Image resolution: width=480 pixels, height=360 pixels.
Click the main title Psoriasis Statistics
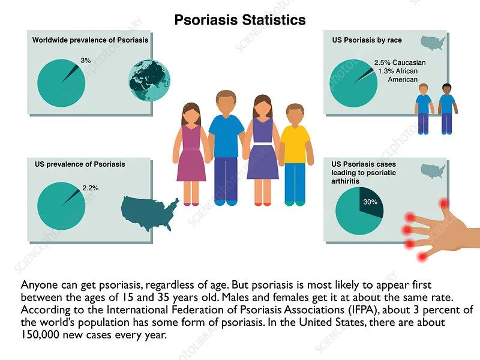tap(240, 20)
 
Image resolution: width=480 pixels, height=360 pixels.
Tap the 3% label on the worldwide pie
tap(86, 61)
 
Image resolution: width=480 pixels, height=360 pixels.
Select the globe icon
tap(149, 80)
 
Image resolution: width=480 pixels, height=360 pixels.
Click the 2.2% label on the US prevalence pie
tap(91, 188)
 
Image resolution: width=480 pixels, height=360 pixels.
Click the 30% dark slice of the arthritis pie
tap(371, 202)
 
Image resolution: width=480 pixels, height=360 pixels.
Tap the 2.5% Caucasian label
tap(400, 63)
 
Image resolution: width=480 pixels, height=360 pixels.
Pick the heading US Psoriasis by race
tap(367, 40)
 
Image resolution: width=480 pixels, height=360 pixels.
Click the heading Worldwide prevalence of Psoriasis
tap(91, 40)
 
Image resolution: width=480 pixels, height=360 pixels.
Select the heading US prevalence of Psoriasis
tap(80, 164)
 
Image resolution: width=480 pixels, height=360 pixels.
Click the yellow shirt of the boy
tap(295, 144)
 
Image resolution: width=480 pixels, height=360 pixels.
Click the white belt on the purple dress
tap(262, 144)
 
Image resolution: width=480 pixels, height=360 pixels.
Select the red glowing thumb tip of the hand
tap(444, 203)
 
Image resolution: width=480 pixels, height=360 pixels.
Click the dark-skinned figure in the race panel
tap(447, 109)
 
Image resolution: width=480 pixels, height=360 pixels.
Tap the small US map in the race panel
tap(433, 43)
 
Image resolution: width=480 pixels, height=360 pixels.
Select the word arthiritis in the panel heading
tap(346, 181)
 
